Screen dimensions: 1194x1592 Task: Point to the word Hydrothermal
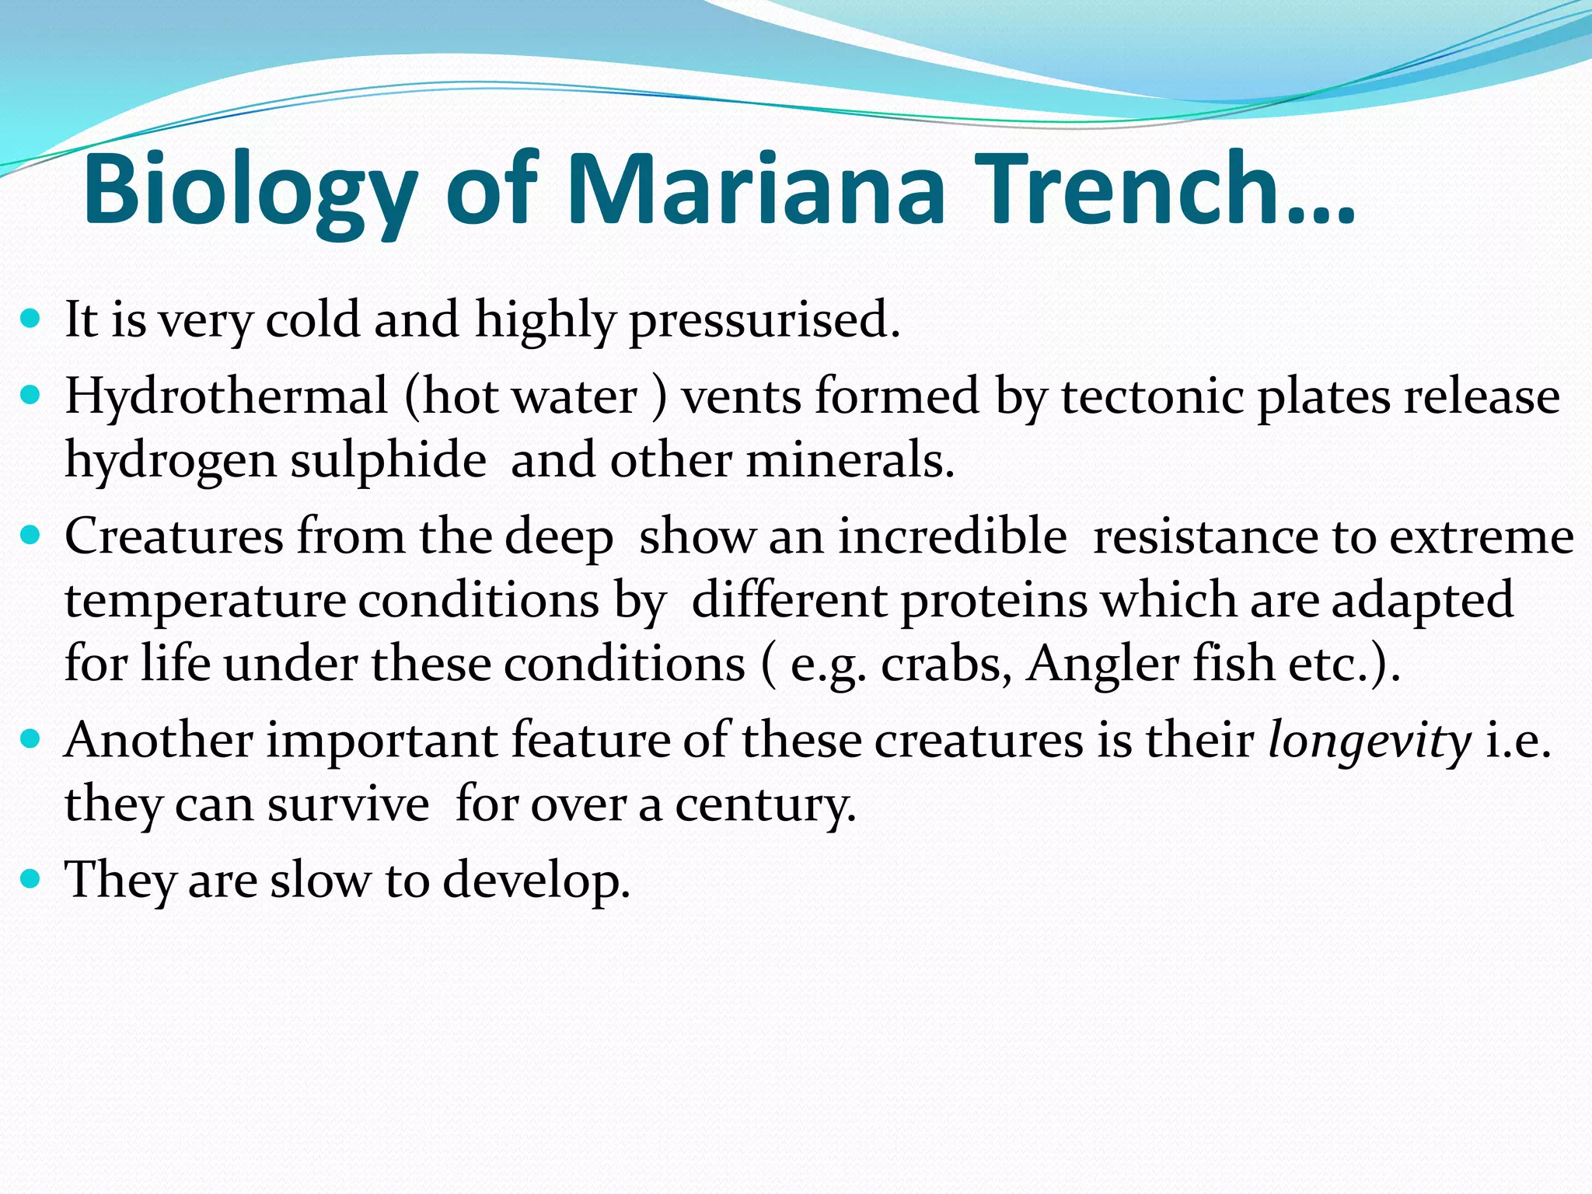pos(226,396)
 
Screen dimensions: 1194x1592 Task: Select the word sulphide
pos(389,460)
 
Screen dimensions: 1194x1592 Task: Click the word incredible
pos(953,537)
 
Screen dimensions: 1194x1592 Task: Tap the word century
pos(765,805)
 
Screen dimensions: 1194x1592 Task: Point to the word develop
pos(536,881)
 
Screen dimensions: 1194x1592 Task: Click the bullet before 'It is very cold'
pos(30,318)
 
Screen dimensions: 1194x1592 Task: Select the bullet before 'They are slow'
pos(30,879)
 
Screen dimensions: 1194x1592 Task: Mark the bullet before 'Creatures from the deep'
pos(30,536)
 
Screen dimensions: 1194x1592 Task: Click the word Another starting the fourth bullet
pos(159,741)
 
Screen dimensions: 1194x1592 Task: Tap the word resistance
pos(1205,537)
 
